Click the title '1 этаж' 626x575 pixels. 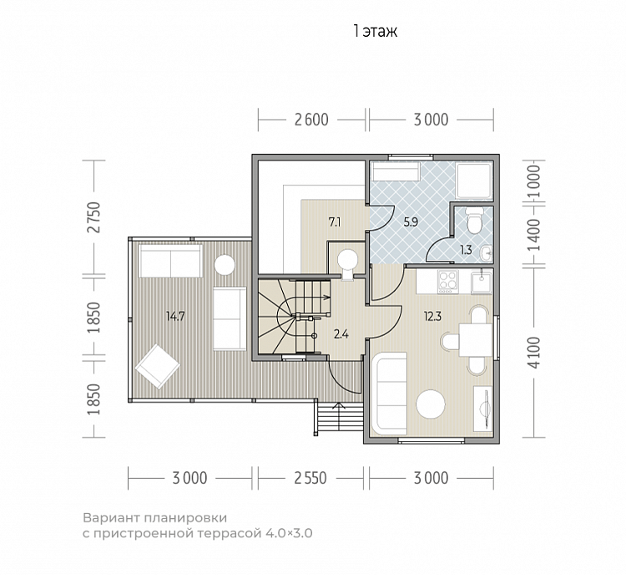click(376, 31)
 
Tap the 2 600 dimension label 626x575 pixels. click(311, 120)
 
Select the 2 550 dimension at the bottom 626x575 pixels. click(310, 478)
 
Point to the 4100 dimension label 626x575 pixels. click(534, 353)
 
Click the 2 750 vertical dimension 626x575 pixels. click(94, 217)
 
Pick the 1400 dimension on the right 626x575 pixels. click(534, 235)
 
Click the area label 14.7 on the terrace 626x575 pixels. click(175, 317)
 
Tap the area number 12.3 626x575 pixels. click(432, 317)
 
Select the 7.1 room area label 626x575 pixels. click(335, 222)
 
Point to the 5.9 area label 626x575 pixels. click(411, 222)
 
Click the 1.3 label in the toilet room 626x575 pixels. click(466, 250)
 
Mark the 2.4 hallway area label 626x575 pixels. click(341, 333)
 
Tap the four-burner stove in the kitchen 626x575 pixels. click(448, 281)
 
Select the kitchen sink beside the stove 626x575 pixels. click(481, 282)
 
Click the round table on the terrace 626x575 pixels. click(225, 264)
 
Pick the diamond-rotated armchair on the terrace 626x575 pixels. click(157, 367)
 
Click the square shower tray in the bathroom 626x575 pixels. click(475, 181)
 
